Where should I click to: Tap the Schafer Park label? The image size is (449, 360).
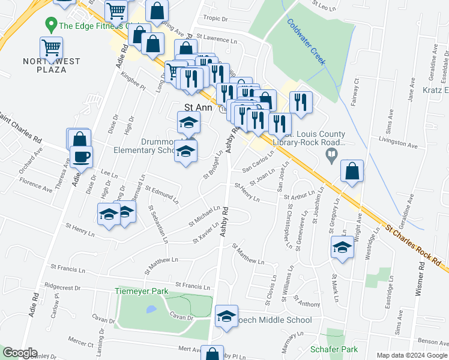pos(334,349)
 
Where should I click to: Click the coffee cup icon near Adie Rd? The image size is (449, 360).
pos(80,157)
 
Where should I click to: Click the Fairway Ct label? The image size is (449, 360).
pos(357,91)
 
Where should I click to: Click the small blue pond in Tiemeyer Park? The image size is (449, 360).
pos(151,310)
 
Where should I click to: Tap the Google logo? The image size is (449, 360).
pos(20,352)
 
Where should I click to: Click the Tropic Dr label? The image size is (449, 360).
pos(216,19)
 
